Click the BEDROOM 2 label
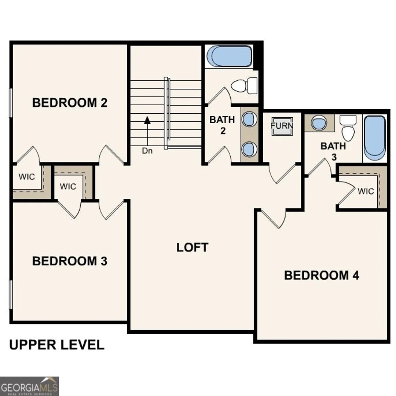pyautogui.click(x=70, y=103)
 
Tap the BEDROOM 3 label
pyautogui.click(x=70, y=261)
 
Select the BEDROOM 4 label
pyautogui.click(x=322, y=275)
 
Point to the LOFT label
pyautogui.click(x=192, y=247)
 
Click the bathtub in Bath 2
pyautogui.click(x=229, y=56)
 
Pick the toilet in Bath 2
pyautogui.click(x=244, y=85)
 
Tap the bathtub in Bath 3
pyautogui.click(x=375, y=138)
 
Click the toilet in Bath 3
pyautogui.click(x=348, y=128)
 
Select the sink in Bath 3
pyautogui.click(x=319, y=123)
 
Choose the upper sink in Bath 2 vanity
pyautogui.click(x=249, y=119)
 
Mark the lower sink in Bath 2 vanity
pyautogui.click(x=249, y=149)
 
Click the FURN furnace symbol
pyautogui.click(x=282, y=126)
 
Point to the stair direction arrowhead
pyautogui.click(x=147, y=120)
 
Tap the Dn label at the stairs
pyautogui.click(x=147, y=151)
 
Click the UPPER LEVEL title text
pyautogui.click(x=57, y=345)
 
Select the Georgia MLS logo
pyautogui.click(x=29, y=386)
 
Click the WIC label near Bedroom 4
pyautogui.click(x=366, y=191)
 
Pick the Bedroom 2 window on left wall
pyautogui.click(x=11, y=103)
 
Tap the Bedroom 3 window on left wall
pyautogui.click(x=11, y=294)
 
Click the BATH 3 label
pyautogui.click(x=333, y=151)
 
